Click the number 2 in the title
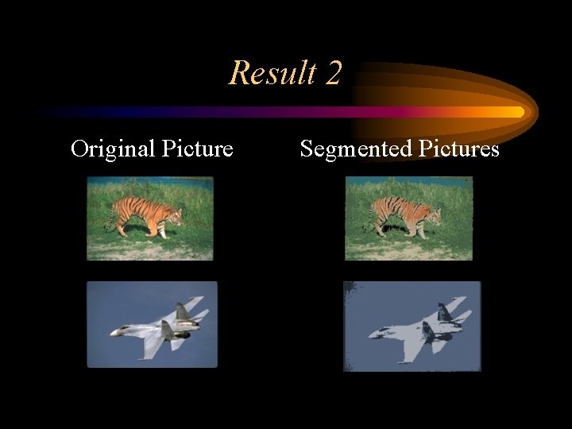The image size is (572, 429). pyautogui.click(x=333, y=73)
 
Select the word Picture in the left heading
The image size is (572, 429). pyautogui.click(x=197, y=149)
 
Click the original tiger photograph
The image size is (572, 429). pyautogui.click(x=150, y=218)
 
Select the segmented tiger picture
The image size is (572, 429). pyautogui.click(x=408, y=218)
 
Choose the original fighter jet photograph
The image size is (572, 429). pyautogui.click(x=152, y=324)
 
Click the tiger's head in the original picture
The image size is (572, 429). pyautogui.click(x=174, y=214)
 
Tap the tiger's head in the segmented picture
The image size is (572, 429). pyautogui.click(x=433, y=214)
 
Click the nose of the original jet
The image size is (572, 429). pyautogui.click(x=114, y=333)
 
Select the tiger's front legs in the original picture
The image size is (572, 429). pyautogui.click(x=161, y=230)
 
